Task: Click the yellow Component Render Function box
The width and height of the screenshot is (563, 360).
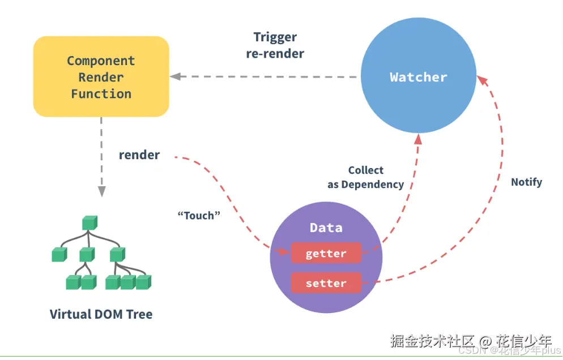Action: (101, 77)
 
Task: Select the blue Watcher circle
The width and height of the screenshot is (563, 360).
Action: (419, 78)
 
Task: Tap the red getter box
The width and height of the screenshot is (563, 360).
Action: (326, 254)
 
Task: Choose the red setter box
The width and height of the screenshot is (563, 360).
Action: (326, 283)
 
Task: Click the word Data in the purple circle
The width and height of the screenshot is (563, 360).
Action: (326, 228)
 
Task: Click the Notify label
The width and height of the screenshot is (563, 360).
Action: (526, 182)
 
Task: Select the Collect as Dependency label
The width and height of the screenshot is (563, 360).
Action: (365, 177)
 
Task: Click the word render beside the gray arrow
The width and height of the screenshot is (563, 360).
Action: (139, 155)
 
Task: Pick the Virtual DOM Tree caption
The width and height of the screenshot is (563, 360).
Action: (101, 314)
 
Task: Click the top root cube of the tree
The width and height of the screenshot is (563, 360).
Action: (89, 223)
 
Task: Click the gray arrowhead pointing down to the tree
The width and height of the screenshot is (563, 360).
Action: (101, 191)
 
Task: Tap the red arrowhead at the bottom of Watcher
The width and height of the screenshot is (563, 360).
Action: (418, 139)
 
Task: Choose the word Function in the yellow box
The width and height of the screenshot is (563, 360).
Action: (101, 94)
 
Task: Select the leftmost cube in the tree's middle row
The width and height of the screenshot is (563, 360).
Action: (59, 255)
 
